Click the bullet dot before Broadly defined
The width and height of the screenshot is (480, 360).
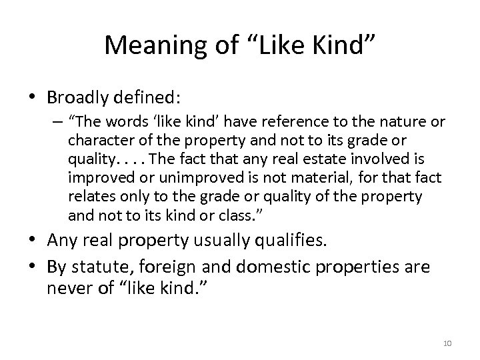pos(33,97)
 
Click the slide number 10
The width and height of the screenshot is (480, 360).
pos(447,342)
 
